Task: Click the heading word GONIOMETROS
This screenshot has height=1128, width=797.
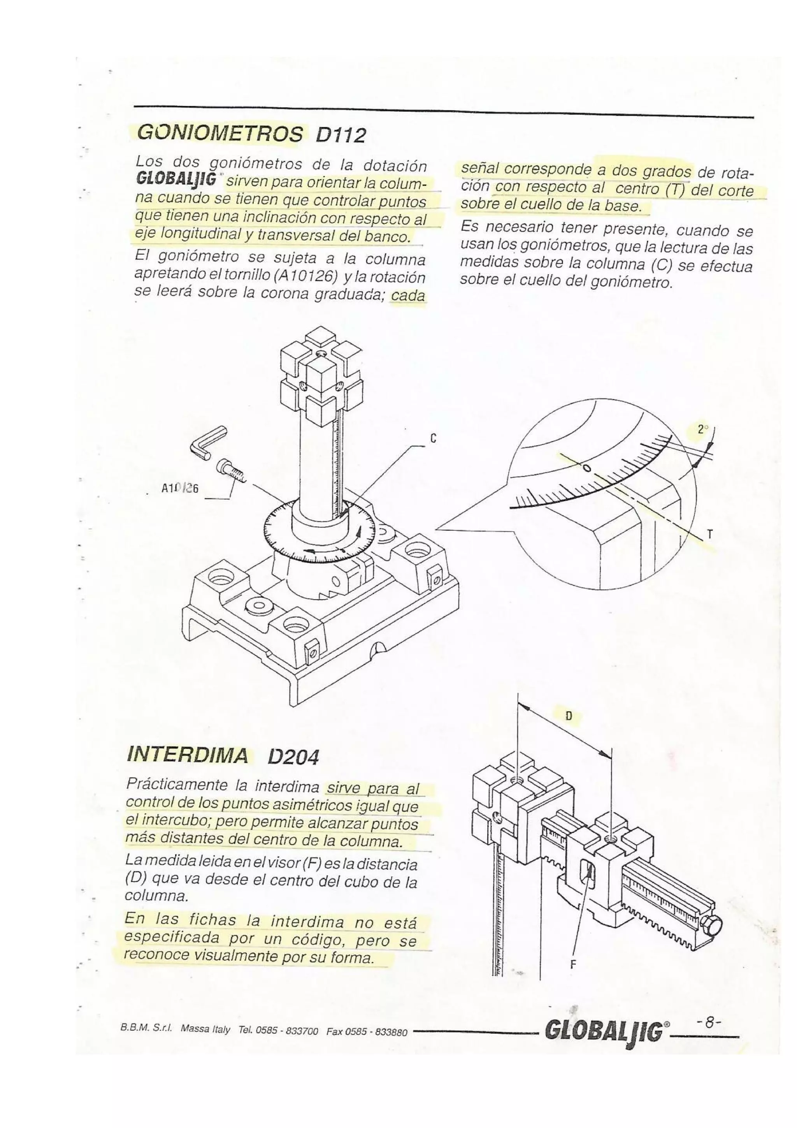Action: [219, 133]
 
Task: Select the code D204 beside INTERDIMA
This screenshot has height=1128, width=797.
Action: [293, 758]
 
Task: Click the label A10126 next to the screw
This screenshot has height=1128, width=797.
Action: [179, 488]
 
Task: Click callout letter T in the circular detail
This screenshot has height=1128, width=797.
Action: [709, 534]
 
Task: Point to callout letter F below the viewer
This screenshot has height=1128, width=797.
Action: [572, 978]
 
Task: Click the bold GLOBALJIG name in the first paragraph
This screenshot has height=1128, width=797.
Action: [176, 181]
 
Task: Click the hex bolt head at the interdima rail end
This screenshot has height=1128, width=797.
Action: [711, 927]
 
